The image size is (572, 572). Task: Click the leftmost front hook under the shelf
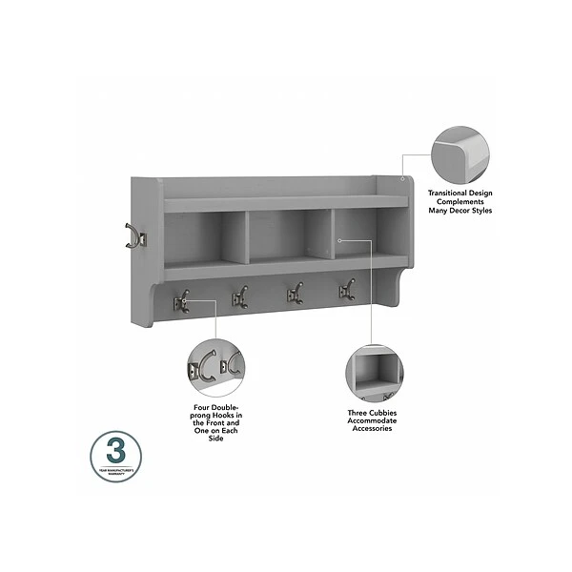click(180, 301)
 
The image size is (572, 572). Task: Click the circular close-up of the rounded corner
click(460, 155)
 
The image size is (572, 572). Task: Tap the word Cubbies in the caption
click(380, 414)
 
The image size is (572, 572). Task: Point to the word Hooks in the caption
click(227, 414)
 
